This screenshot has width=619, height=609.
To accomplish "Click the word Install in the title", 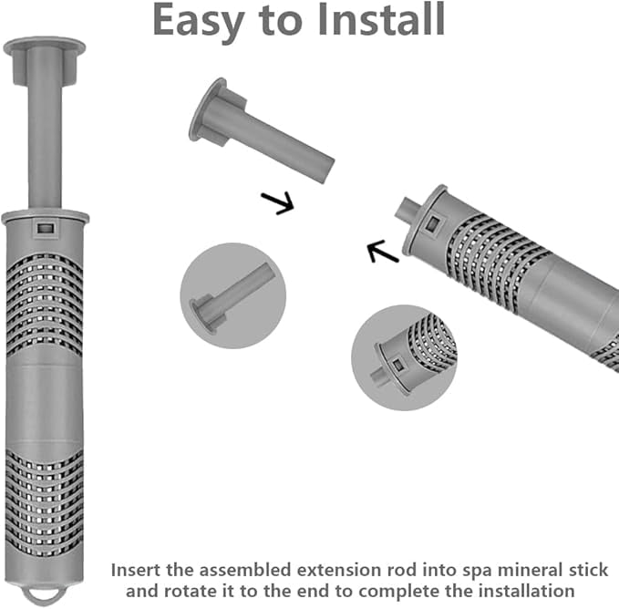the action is (x=380, y=20).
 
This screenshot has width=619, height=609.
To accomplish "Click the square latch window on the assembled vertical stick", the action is (x=45, y=228).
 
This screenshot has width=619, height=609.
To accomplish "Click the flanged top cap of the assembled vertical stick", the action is (x=44, y=59).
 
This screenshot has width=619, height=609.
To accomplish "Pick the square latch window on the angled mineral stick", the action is (x=433, y=224).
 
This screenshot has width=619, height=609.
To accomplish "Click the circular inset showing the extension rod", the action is (x=232, y=295).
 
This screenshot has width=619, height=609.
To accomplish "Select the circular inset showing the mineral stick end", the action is (x=404, y=357).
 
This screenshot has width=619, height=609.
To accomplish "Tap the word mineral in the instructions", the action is (x=531, y=571).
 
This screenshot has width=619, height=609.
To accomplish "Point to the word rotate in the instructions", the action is (x=191, y=592).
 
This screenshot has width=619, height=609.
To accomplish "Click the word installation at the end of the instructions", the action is (x=526, y=591).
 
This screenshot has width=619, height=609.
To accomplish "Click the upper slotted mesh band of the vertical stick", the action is (x=44, y=304).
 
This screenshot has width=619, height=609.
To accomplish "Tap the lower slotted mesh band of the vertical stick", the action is (x=44, y=502).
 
